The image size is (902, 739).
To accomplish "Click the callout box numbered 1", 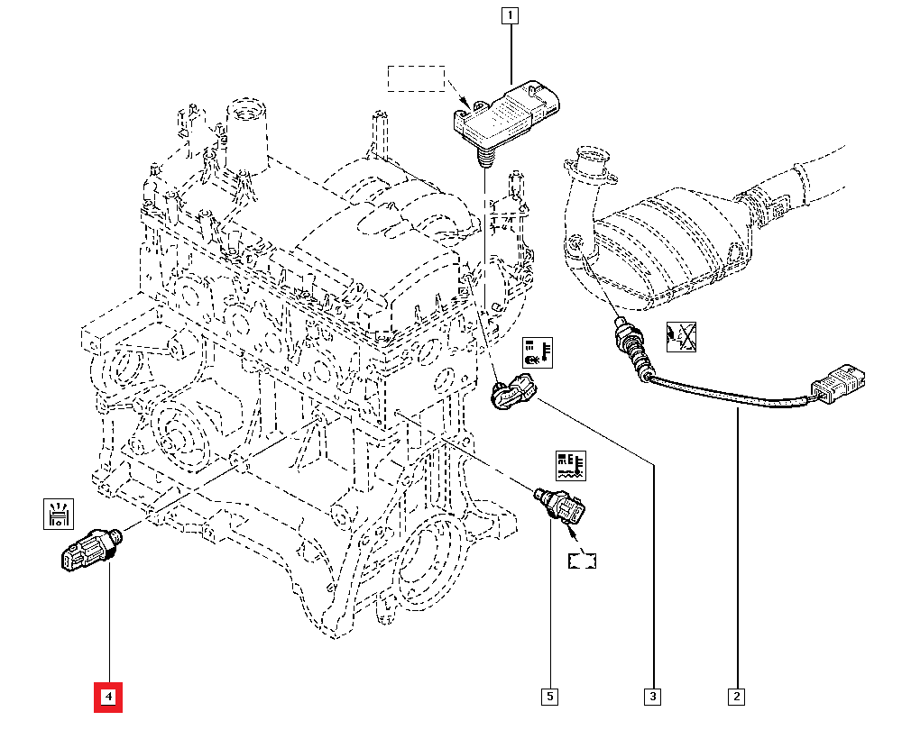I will (x=511, y=15).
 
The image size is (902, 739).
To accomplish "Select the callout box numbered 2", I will (x=737, y=697).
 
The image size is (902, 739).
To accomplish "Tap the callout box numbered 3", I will (x=652, y=697).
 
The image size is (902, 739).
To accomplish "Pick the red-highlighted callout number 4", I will (x=108, y=697).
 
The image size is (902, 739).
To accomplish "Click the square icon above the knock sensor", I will (x=59, y=514).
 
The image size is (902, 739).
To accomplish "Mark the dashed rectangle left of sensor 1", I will (x=417, y=78).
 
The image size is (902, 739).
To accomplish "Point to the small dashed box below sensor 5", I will (x=583, y=560).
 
